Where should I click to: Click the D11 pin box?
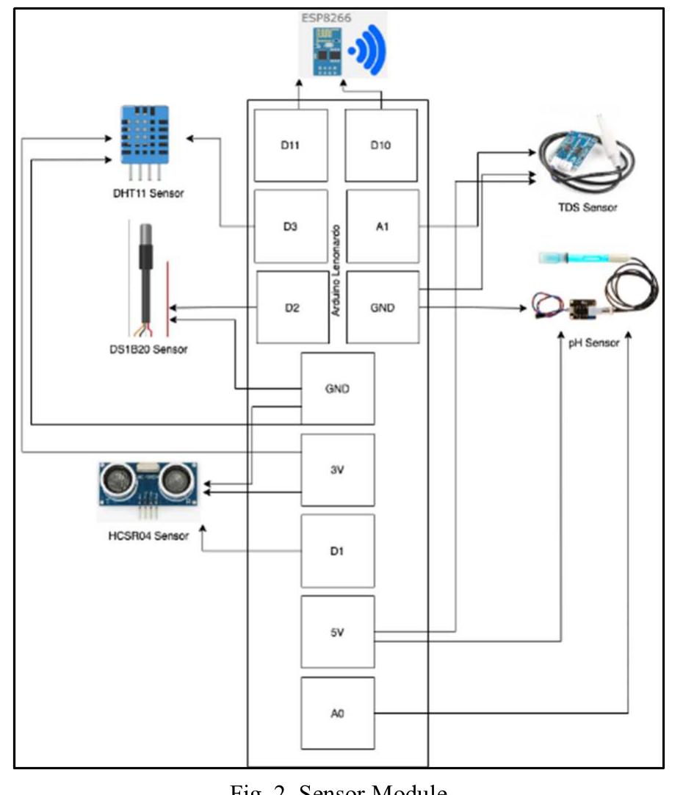pyautogui.click(x=291, y=145)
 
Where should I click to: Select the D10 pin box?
pyautogui.click(x=382, y=145)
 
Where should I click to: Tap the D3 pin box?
pyautogui.click(x=291, y=226)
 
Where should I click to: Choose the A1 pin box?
pyautogui.click(x=383, y=226)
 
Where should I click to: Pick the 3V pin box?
pyautogui.click(x=338, y=470)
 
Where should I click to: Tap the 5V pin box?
pyautogui.click(x=338, y=632)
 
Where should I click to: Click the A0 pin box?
pyautogui.click(x=338, y=713)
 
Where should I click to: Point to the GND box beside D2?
pyautogui.click(x=383, y=307)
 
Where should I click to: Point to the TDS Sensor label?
pyautogui.click(x=587, y=208)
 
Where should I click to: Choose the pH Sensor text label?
pyautogui.click(x=595, y=343)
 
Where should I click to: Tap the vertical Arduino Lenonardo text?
pyautogui.click(x=336, y=270)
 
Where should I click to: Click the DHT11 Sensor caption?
pyautogui.click(x=144, y=194)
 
